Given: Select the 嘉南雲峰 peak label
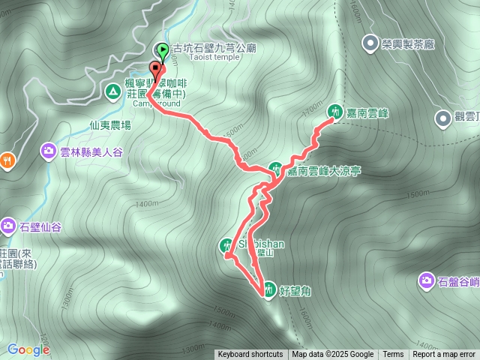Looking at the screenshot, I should coord(367,112).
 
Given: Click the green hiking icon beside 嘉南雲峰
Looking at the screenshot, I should coord(334,110).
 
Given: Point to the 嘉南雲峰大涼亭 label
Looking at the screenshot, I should coord(324,171).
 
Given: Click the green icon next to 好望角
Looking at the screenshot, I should coord(268,286).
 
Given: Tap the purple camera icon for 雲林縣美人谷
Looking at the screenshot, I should coord(49,151).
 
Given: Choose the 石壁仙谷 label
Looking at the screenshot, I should coord(40,224).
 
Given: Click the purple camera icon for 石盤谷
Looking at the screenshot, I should coord(426,280).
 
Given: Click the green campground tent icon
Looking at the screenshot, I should coord(112,91).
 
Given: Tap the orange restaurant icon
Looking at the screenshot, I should coord(7,159).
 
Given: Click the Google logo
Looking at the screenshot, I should coord(28,349).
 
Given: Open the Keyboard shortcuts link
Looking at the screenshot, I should coord(250,355).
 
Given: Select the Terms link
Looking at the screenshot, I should coord(393,355).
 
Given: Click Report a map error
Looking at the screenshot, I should coord(444,355).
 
